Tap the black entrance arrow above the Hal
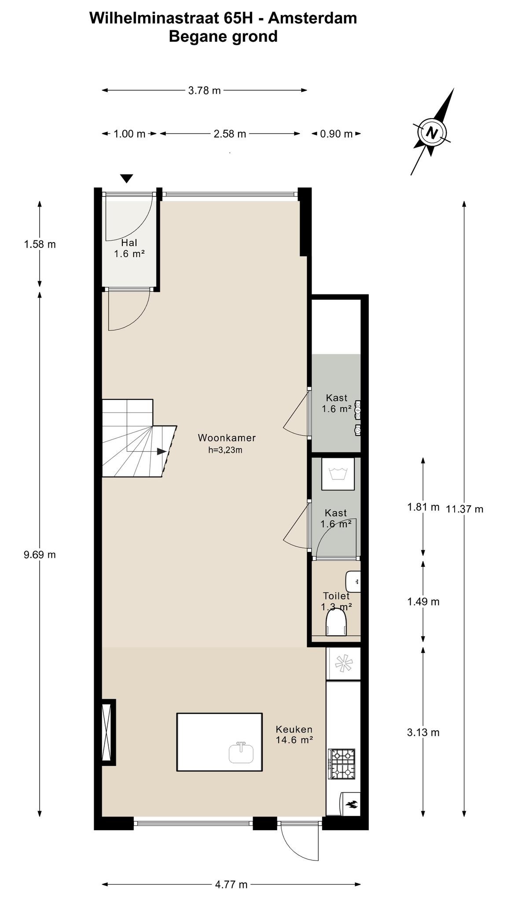coord(127,178)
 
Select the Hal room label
coord(129,248)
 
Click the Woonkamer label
coord(227,438)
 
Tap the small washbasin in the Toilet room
coord(353,581)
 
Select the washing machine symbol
coord(338,474)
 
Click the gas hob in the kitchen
coord(342,764)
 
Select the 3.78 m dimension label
coord(205,91)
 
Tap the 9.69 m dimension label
coord(40,555)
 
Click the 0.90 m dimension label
coord(336,134)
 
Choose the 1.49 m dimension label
coord(423,602)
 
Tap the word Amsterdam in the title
coord(312,18)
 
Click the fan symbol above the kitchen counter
coord(343,664)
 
